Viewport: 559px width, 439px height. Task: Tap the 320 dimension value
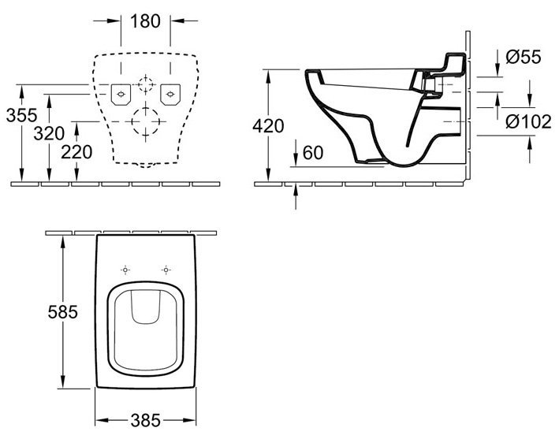coord(49,133)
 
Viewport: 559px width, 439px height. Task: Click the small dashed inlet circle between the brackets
coord(146,84)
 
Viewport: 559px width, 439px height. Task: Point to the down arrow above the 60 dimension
coord(295,158)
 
